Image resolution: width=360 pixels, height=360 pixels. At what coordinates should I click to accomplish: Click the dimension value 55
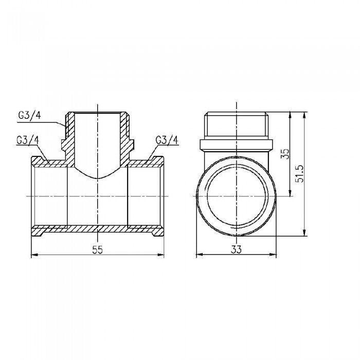(98, 249)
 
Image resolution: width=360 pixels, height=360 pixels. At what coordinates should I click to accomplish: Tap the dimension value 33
(237, 249)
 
